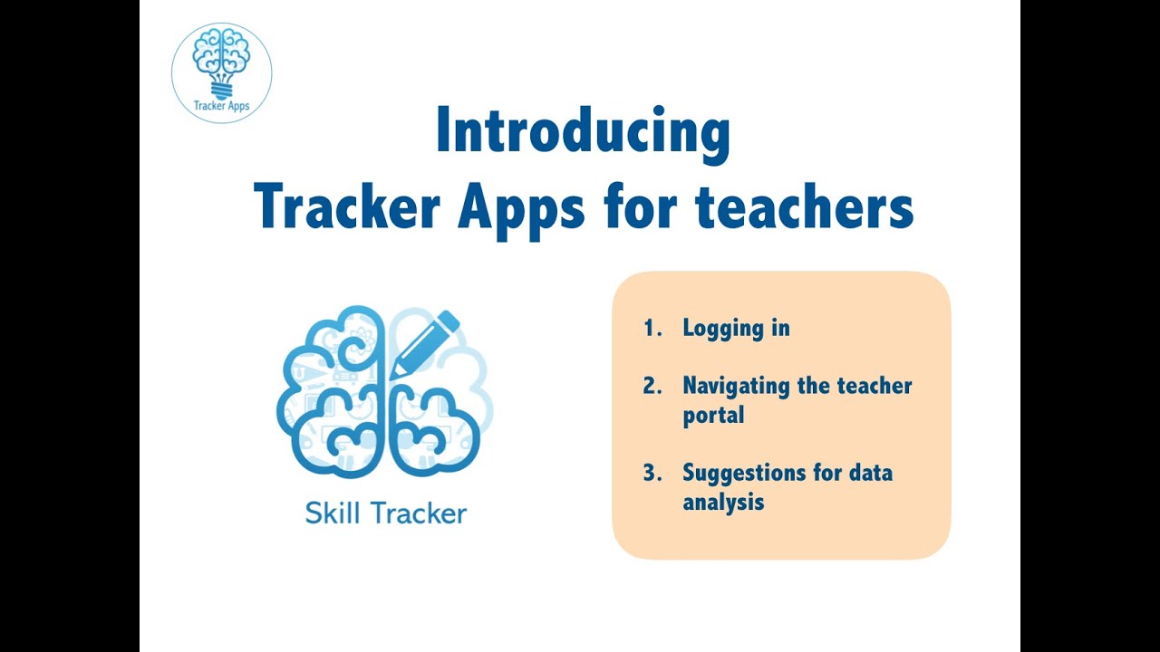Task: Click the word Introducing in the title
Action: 583,132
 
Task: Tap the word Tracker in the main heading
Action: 348,207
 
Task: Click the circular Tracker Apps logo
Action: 222,73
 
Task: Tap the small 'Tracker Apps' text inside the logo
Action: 222,106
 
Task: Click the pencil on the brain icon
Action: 424,344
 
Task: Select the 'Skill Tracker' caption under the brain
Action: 386,513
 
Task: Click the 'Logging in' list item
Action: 736,329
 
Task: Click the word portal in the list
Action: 713,416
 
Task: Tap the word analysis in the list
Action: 723,502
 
